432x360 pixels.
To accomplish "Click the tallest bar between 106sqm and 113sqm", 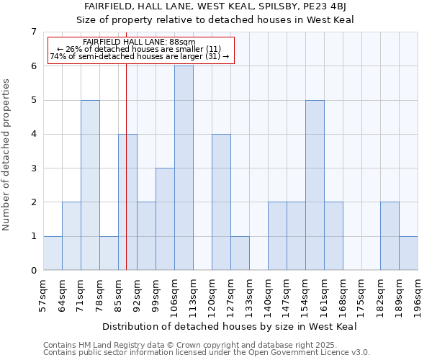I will [184, 168].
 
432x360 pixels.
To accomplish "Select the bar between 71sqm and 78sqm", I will [90, 185].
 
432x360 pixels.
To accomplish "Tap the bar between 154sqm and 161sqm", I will [315, 185].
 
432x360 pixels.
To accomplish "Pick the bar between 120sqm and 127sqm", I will [221, 202].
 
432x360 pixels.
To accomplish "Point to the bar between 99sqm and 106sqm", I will [165, 219].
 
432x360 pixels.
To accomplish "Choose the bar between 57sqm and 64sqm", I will [53, 253].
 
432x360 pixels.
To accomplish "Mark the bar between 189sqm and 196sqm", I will [408, 253].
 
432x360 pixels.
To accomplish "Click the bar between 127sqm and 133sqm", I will [240, 253].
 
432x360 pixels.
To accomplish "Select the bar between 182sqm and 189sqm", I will [390, 236].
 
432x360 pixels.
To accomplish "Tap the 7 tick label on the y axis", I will [33, 32].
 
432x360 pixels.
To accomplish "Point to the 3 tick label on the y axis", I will [33, 168].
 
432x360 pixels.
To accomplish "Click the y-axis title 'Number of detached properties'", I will [7, 155].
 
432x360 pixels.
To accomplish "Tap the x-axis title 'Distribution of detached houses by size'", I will [234, 326].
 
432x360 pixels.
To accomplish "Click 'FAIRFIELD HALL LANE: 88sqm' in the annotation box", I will [139, 42].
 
